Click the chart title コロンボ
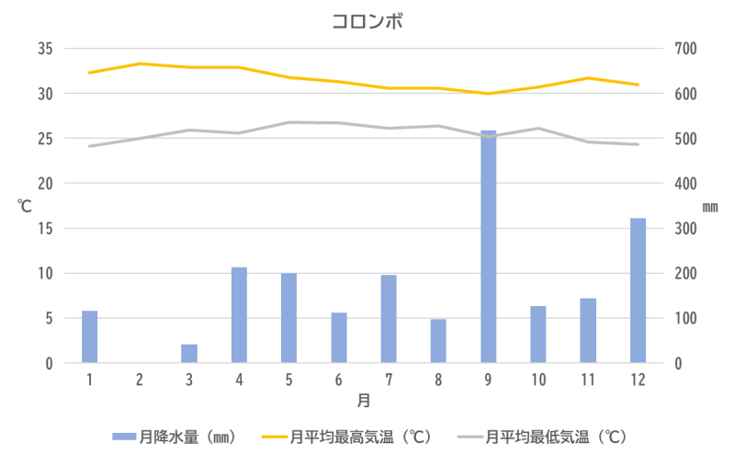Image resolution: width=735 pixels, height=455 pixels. tap(367, 20)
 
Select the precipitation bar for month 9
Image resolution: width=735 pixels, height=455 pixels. tap(488, 246)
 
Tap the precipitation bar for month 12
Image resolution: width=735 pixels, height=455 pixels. tap(638, 290)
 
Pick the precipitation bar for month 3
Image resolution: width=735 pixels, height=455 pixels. tap(189, 353)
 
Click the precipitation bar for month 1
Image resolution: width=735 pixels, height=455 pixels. tap(90, 336)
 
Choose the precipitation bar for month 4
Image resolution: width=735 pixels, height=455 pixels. tap(239, 314)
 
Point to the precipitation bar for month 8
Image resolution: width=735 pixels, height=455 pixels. tap(438, 340)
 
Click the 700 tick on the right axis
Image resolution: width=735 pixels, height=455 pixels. tap(686, 49)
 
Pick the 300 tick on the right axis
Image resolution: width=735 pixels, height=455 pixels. tap(686, 229)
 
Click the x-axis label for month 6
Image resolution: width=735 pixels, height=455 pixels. tap(339, 380)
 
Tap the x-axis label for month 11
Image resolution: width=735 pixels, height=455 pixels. tap(588, 380)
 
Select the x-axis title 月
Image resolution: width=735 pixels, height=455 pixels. tap(365, 402)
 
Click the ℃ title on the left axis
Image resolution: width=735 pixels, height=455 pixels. tap(24, 206)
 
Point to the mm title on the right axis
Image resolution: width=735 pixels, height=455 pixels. tap(710, 207)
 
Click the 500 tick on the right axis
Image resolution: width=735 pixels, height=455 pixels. tap(686, 139)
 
